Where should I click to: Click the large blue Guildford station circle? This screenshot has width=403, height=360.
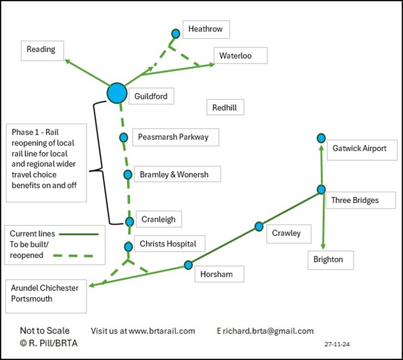117,93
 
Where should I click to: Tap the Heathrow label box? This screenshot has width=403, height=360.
206,29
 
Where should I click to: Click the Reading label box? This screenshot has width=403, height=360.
42,49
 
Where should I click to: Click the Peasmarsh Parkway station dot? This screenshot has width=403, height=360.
123,137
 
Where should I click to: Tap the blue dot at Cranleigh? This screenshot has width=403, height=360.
130,221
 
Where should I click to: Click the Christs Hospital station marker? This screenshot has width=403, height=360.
128,246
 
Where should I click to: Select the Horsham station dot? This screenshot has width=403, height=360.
188,264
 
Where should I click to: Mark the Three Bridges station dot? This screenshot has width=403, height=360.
321,189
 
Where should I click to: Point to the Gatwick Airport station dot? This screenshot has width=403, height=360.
321,138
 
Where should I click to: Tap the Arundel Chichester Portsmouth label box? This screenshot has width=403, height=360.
46,295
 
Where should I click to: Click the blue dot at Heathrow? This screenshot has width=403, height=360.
176,33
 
